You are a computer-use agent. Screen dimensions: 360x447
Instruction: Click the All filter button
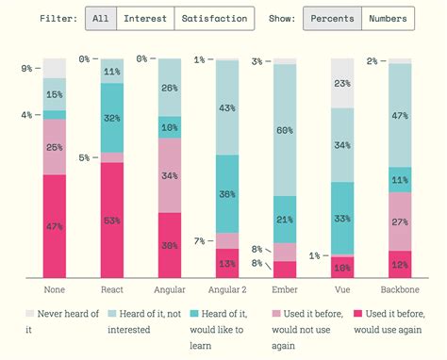100,18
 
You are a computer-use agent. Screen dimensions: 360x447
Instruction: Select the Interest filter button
144,18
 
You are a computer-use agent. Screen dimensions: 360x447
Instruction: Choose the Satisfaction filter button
214,18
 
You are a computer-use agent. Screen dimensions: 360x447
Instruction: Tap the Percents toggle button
331,18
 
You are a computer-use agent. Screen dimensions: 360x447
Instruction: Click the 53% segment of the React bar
112,221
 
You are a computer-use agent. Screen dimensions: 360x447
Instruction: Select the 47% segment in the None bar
55,226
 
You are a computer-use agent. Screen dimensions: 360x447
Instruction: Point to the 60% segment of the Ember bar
285,130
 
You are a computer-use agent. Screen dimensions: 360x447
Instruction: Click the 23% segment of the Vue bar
342,83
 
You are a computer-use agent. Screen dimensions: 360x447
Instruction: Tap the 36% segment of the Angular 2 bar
227,193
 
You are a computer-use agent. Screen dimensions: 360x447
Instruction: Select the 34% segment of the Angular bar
170,175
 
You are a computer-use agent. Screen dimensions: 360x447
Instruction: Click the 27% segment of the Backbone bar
400,221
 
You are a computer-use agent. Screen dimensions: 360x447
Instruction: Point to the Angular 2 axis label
227,289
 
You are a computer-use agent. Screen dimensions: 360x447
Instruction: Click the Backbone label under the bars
400,289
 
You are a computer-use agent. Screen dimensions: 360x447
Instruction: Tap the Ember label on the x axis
285,289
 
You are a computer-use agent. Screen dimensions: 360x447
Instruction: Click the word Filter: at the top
58,18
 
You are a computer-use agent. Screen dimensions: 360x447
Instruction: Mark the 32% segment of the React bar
112,118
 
